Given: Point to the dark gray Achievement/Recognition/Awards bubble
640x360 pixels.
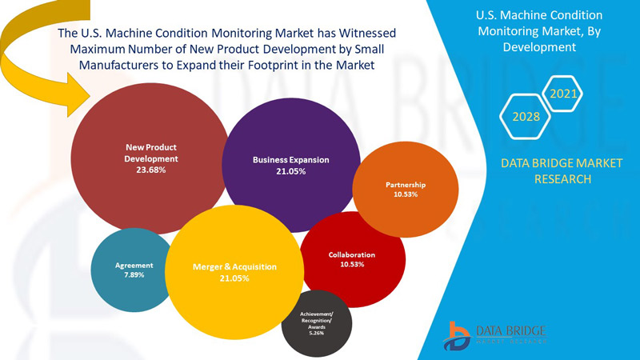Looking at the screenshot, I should (x=317, y=323).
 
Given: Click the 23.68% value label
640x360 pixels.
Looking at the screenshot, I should (x=151, y=170).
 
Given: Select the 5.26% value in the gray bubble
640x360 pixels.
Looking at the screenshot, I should (x=316, y=334).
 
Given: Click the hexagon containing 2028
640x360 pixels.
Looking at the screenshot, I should (x=525, y=117).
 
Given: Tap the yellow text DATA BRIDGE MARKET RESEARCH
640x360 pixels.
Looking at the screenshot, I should (x=551, y=171).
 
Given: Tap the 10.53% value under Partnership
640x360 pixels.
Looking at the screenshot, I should (x=406, y=194).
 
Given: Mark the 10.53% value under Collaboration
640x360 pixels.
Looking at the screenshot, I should (x=352, y=264).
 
